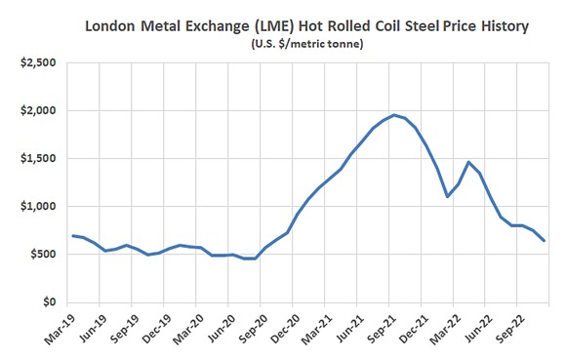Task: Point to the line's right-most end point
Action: click(544, 240)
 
